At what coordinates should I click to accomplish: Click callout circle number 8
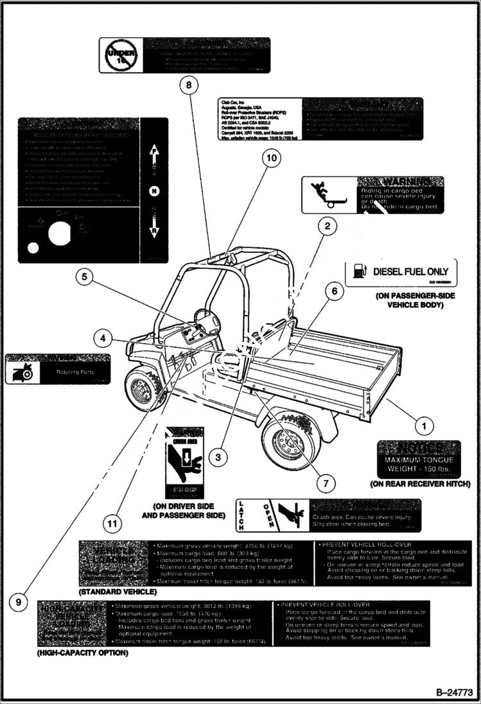[189, 84]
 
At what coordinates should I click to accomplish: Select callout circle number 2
[327, 226]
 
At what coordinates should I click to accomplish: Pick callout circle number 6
[334, 291]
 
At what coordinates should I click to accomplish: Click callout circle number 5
[84, 277]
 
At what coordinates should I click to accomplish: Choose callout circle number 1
[423, 424]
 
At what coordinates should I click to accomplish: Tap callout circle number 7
[326, 482]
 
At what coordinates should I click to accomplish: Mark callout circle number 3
[218, 457]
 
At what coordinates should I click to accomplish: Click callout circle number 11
[113, 524]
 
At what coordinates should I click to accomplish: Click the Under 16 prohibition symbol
[118, 55]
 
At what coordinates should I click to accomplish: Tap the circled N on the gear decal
[153, 191]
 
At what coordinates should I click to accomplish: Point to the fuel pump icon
[360, 272]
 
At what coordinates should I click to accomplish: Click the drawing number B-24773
[454, 692]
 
